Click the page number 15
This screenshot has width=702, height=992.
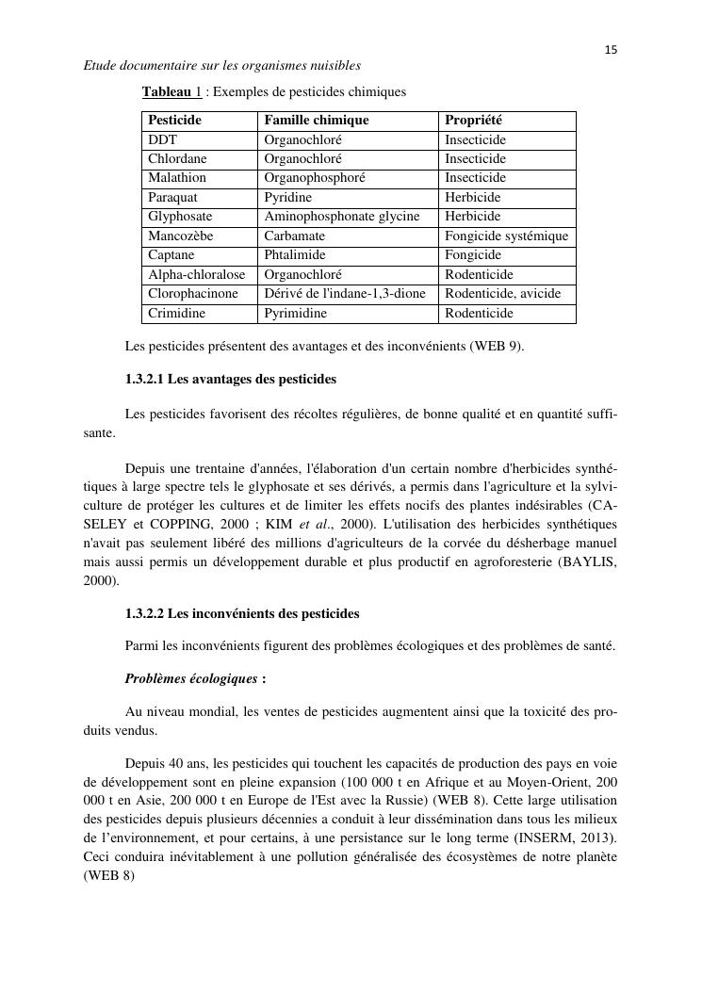[x=611, y=50]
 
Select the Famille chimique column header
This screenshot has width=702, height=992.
[x=316, y=121]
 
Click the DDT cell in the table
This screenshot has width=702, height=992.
[x=163, y=139]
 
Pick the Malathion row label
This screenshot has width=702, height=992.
[x=177, y=178]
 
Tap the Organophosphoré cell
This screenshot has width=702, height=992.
[x=314, y=178]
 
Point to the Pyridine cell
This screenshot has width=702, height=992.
[x=287, y=198]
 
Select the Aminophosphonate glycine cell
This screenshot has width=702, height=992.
[x=341, y=217]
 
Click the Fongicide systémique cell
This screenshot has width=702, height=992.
[x=506, y=236]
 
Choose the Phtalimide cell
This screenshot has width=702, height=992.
[x=294, y=255]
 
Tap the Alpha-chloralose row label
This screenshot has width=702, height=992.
[x=196, y=275]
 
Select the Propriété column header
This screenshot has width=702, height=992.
[x=473, y=121]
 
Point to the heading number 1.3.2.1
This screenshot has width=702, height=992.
[x=144, y=379]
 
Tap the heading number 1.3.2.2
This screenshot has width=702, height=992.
[x=144, y=614]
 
